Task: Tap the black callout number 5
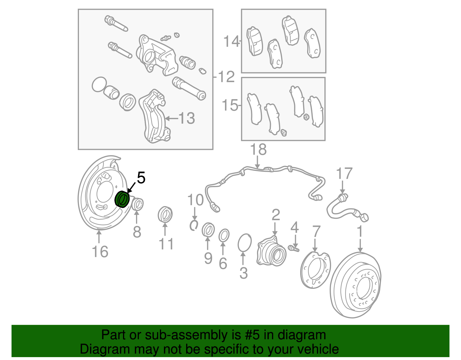[141, 178]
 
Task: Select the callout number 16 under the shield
[100, 252]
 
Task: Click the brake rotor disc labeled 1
[355, 285]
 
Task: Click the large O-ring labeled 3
[245, 243]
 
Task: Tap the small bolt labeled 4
[294, 248]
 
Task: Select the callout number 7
[316, 232]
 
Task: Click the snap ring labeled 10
[194, 225]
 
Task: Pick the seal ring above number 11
[165, 215]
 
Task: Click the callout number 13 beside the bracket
[186, 118]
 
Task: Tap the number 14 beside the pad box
[231, 42]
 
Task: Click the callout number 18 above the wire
[258, 150]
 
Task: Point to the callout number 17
[344, 174]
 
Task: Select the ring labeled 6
[224, 235]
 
